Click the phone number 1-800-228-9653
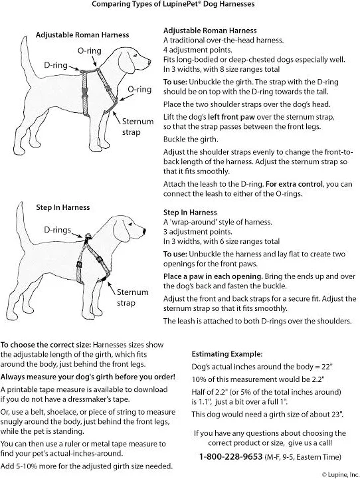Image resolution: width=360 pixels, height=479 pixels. tap(231, 456)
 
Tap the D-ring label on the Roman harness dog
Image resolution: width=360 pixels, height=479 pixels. tap(56, 65)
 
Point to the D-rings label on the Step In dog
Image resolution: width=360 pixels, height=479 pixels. tap(57, 230)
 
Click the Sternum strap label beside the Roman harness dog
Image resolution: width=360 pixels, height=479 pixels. tap(137, 127)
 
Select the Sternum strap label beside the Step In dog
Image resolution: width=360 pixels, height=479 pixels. tap(133, 298)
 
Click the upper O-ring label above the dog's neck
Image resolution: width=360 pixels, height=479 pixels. tap(90, 50)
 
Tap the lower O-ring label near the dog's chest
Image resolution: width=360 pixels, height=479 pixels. tap(139, 89)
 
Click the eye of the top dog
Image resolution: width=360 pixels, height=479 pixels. tap(135, 55)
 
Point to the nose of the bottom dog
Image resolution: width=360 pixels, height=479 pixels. tap(144, 230)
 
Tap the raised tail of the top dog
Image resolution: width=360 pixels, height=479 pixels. tap(27, 58)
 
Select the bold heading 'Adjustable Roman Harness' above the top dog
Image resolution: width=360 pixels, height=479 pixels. tap(82, 35)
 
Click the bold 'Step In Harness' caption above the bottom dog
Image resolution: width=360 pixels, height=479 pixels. tap(63, 207)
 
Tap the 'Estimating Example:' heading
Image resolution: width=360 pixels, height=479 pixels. tap(227, 354)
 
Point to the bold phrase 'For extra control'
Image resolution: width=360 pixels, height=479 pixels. tap(294, 184)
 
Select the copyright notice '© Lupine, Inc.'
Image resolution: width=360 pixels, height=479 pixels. tap(341, 475)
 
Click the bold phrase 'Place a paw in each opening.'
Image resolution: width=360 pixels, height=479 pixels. tap(213, 276)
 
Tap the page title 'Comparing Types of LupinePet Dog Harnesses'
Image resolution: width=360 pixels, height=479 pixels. tap(173, 4)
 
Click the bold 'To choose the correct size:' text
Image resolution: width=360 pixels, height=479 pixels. tap(46, 345)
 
